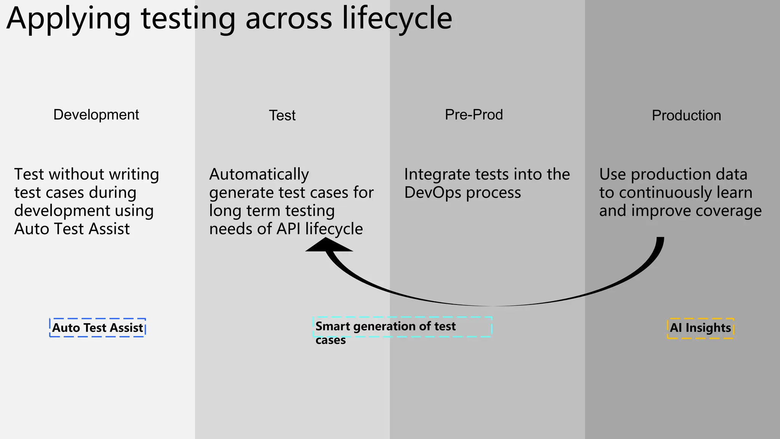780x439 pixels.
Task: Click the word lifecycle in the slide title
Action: tap(397, 19)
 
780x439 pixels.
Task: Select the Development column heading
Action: tap(96, 115)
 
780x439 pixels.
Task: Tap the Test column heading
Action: tap(282, 115)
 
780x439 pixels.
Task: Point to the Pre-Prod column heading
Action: tap(474, 115)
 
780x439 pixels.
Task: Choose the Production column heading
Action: tap(686, 115)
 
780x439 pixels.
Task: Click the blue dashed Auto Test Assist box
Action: tap(97, 328)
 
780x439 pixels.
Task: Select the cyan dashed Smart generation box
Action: tap(402, 327)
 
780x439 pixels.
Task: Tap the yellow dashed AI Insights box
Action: tap(700, 328)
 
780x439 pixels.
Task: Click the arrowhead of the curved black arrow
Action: tap(329, 246)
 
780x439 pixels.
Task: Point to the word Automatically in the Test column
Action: tap(259, 175)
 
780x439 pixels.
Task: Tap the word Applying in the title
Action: tap(69, 19)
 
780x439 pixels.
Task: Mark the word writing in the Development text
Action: tap(134, 175)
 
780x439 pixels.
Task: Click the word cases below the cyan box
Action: tap(331, 340)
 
